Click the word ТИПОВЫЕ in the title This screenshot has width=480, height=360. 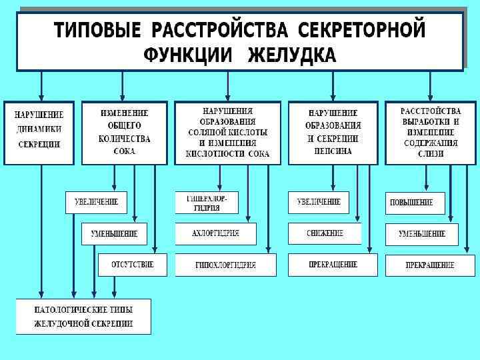tap(98, 31)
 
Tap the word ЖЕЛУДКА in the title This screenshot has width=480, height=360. tap(291, 55)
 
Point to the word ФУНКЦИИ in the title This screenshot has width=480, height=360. tap(187, 55)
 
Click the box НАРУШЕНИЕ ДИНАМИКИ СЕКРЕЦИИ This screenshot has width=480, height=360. tap(39, 132)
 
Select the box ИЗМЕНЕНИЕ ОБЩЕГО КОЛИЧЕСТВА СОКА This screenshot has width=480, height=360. tap(125, 132)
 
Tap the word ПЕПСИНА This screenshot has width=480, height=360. tap(333, 151)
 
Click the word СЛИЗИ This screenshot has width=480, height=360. tap(430, 154)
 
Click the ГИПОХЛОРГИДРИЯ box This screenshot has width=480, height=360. tap(225, 265)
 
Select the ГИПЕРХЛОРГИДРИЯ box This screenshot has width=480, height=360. tap(207, 203)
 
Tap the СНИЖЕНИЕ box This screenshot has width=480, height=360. tap(325, 233)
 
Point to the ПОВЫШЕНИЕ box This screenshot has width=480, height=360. tap(415, 203)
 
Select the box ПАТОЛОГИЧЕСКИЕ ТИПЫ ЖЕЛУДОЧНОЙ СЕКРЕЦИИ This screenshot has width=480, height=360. tap(83, 316)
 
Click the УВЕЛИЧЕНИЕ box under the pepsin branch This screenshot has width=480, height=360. tap(319, 202)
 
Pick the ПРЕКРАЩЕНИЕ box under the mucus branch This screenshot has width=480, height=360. tap(430, 265)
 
